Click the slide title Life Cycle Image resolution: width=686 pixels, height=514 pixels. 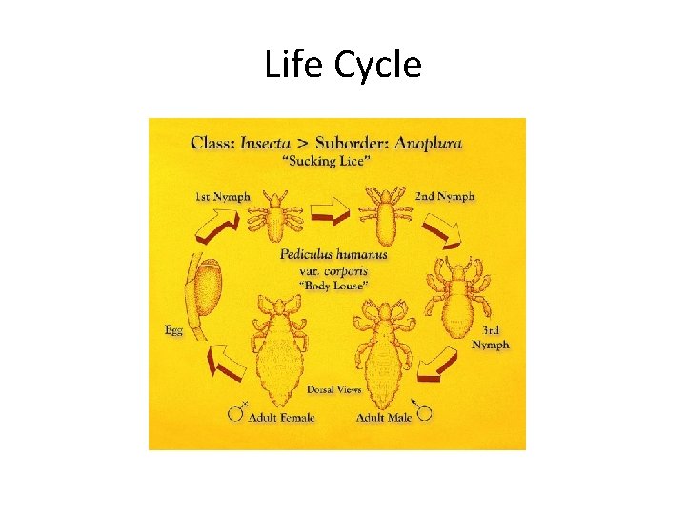click(342, 66)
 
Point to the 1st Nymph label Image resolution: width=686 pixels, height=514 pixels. click(222, 197)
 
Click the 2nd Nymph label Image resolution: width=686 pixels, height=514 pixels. click(445, 197)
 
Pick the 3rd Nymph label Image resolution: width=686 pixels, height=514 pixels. click(491, 337)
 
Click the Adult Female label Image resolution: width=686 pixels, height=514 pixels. click(283, 417)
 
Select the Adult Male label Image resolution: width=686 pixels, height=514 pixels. click(385, 417)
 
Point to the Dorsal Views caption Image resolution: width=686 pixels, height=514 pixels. click(334, 390)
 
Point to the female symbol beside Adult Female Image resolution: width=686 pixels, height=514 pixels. click(237, 412)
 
